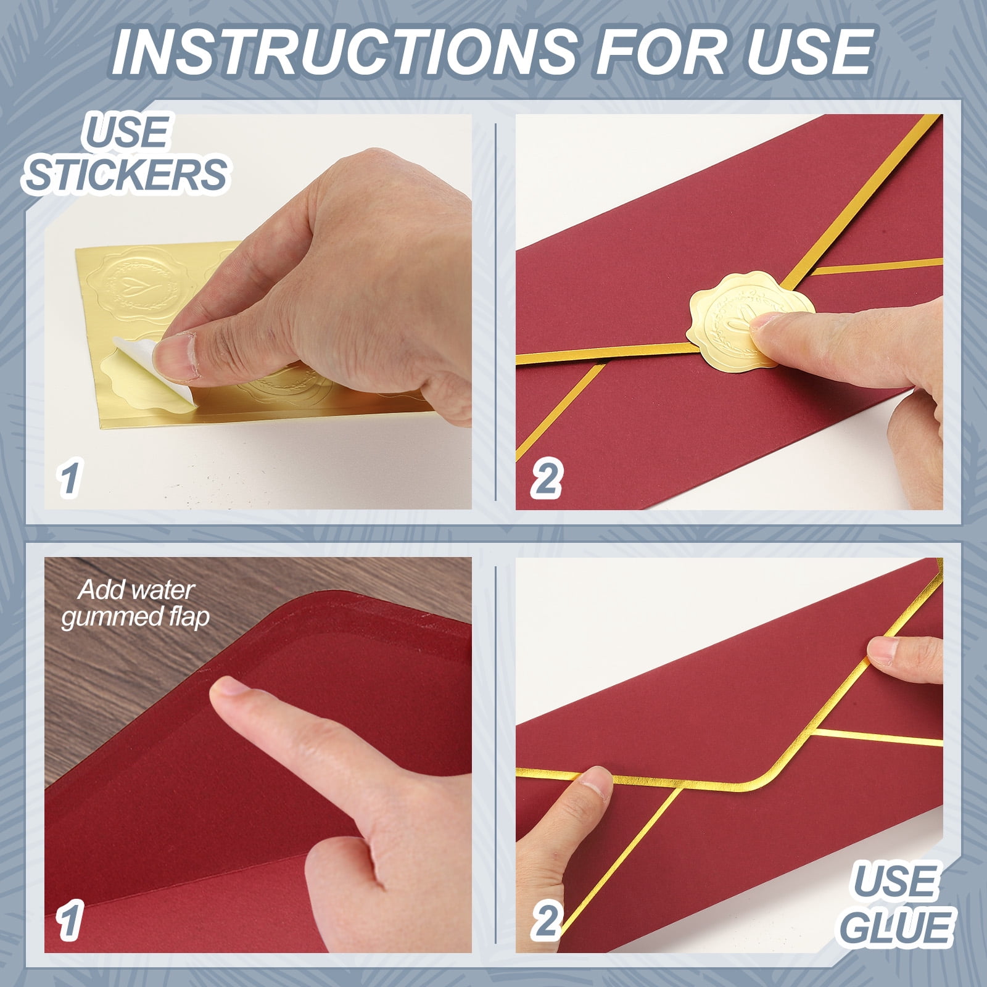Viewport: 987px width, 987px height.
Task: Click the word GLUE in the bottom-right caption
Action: tap(896, 927)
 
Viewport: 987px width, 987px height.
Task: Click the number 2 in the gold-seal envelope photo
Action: tap(546, 479)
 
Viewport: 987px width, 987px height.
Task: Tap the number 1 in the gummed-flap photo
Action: tap(69, 920)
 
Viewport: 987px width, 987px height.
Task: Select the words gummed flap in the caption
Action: tap(136, 617)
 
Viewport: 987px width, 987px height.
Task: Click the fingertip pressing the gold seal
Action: tap(771, 327)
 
